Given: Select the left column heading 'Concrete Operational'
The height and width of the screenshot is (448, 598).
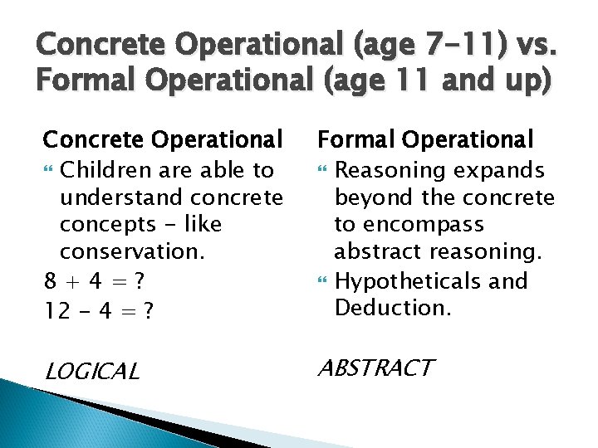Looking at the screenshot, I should pos(163,139).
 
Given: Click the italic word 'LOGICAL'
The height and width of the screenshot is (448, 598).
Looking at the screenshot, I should pos(91,372).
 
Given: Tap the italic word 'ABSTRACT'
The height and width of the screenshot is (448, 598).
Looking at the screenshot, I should pos(375,368).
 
